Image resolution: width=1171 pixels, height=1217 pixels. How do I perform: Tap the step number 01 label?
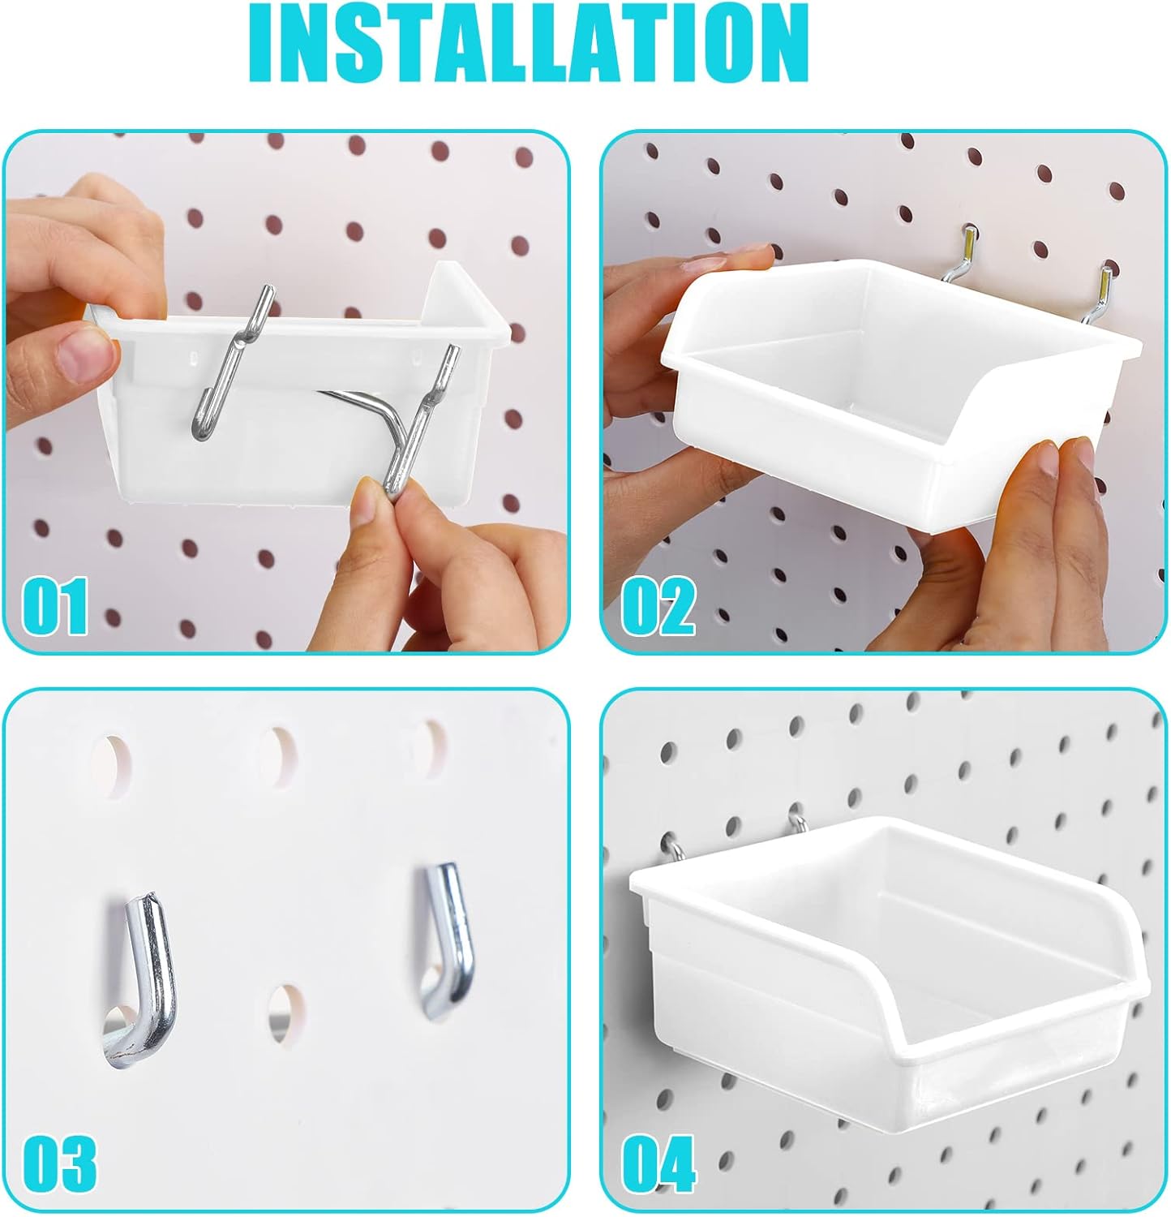point(54,607)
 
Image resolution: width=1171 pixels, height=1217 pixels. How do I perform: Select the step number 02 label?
point(658,607)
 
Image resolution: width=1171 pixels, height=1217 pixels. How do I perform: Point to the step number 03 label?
point(59,1163)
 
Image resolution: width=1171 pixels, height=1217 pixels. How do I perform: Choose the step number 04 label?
point(658,1163)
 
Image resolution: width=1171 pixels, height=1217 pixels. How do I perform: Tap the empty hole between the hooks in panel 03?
point(287,1013)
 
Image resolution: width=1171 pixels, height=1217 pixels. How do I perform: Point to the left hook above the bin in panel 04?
point(675,848)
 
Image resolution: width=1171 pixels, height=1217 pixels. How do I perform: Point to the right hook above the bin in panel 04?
point(797,826)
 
